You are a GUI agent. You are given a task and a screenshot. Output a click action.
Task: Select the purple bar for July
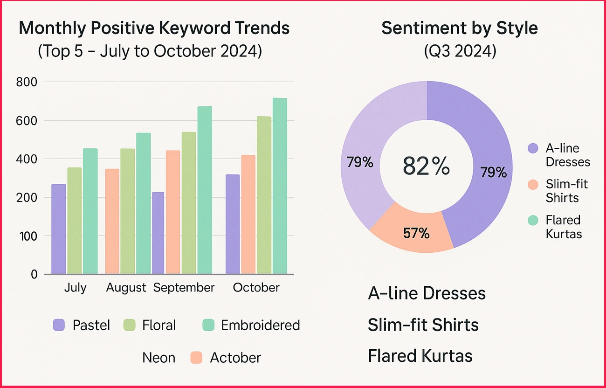(58, 229)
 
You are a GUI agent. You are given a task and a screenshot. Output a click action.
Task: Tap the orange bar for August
(112, 221)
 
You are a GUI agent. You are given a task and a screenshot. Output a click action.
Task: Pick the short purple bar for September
(158, 233)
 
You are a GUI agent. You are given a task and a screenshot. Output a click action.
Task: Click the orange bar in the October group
(248, 214)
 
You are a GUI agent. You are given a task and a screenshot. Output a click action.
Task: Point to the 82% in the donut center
(427, 166)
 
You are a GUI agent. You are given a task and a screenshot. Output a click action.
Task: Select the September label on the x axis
(184, 288)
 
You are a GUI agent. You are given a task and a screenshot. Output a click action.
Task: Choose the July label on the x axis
(75, 288)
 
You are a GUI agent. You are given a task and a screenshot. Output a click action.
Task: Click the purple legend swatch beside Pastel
(59, 325)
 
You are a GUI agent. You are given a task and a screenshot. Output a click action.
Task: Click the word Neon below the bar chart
(158, 358)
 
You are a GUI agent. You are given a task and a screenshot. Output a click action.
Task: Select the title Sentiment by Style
(459, 28)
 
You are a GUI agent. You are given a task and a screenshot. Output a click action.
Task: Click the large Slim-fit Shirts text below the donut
(423, 325)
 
